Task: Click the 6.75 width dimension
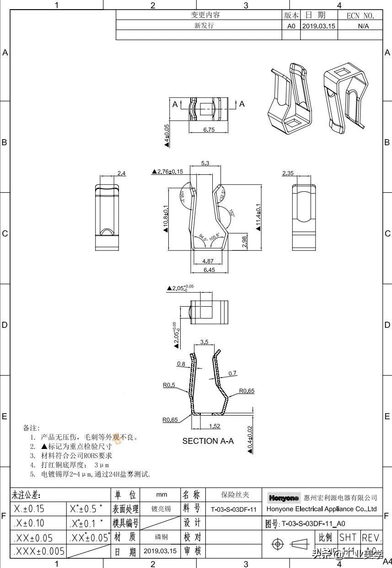point(209,130)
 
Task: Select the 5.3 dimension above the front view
point(205,163)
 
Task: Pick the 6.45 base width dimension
point(209,270)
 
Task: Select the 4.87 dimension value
point(208,261)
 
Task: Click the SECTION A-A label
point(208,441)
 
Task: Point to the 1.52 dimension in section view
point(214,426)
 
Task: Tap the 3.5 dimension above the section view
point(204,342)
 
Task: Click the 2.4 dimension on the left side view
point(121,173)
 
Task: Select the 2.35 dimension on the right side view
point(288,173)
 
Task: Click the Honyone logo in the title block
point(284,498)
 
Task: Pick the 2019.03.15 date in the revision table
point(318,26)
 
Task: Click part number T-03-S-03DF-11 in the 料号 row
point(234,509)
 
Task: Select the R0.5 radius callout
point(169,385)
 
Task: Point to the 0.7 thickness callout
point(232,373)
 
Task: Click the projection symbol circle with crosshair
point(277,544)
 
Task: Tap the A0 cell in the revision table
point(291,26)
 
